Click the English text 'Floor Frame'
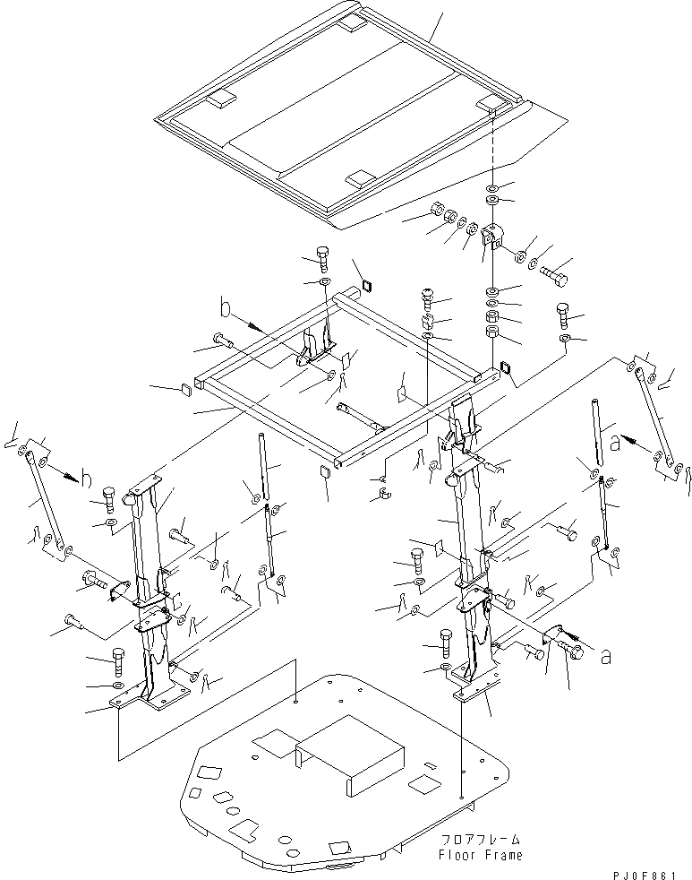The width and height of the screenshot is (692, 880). (480, 854)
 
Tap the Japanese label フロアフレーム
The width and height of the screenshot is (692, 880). (480, 841)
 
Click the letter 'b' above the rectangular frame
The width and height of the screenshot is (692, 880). (226, 310)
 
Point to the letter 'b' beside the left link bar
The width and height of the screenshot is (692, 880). (86, 478)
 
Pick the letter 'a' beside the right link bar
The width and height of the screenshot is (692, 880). (614, 441)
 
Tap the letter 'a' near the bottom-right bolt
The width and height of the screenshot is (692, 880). (608, 657)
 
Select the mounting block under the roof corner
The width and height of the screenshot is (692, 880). (493, 238)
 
